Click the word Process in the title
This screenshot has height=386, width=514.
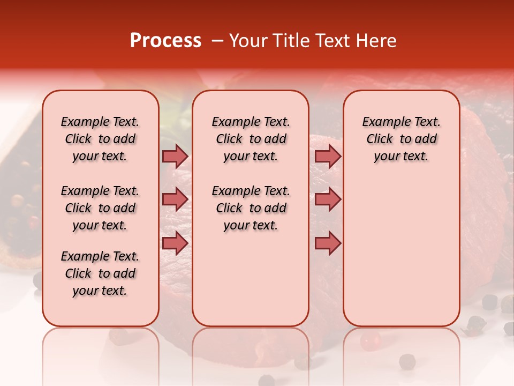[x=165, y=41]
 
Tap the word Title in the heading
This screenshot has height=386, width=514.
[x=289, y=41]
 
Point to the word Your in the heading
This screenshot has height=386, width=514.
[x=248, y=41]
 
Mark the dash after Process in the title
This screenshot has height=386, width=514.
[x=216, y=41]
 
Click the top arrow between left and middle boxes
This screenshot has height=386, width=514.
[x=175, y=156]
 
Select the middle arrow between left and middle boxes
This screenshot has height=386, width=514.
[x=175, y=199]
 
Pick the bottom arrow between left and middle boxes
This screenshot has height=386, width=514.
[x=175, y=243]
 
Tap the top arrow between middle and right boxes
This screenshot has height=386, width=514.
[x=328, y=156]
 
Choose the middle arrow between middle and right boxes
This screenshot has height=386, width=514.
[x=328, y=199]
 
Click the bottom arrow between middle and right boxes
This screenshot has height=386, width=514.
[x=328, y=243]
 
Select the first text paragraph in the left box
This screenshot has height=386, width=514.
[x=100, y=139]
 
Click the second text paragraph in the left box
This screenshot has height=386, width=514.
[x=100, y=208]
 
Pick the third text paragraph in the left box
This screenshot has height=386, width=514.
[x=100, y=273]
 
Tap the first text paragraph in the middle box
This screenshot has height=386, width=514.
[x=251, y=139]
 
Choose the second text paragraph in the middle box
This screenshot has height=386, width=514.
[x=251, y=208]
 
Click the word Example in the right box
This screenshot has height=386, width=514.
[x=382, y=122]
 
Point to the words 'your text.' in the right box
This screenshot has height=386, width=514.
[x=401, y=156]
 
